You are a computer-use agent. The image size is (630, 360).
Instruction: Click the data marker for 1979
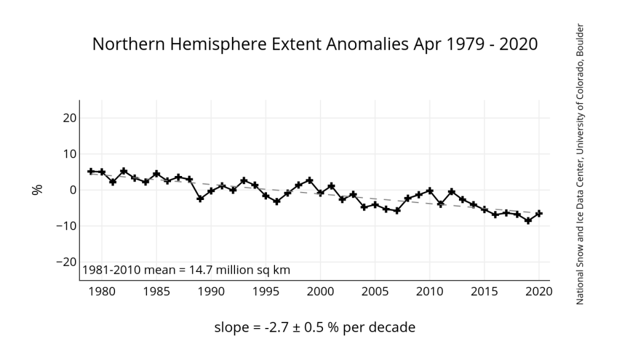[91, 171]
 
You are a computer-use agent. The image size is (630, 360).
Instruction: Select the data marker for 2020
[539, 214]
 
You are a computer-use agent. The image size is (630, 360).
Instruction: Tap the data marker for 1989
[200, 199]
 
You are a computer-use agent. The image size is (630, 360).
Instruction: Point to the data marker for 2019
[528, 220]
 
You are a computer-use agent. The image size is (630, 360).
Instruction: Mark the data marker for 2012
[452, 191]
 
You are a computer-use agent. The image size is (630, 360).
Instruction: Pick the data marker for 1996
[277, 201]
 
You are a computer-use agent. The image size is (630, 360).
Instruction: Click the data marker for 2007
[397, 210]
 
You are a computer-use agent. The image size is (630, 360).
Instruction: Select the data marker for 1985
[156, 174]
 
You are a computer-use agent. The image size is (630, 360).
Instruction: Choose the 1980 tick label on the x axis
[102, 290]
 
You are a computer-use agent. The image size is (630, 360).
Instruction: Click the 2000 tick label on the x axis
[321, 290]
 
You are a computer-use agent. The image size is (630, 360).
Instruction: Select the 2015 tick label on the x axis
[484, 290]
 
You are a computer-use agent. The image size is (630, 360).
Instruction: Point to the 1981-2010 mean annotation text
[186, 270]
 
